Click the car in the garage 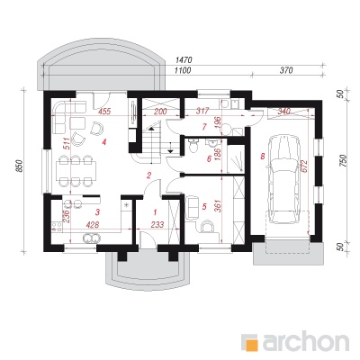tap(283, 179)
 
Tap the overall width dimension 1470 tap(183, 60)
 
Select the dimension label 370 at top tap(286, 71)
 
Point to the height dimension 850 tap(20, 166)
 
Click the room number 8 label tap(263, 156)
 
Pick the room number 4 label tap(103, 142)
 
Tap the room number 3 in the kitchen tap(97, 212)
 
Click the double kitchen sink tap(91, 238)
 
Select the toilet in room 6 tap(192, 145)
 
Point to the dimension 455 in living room tap(104, 112)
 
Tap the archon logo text tap(305, 342)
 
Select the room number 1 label tap(155, 212)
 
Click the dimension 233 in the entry tap(157, 224)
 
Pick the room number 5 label tap(204, 206)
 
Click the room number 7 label tap(204, 127)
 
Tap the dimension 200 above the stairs tap(160, 112)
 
